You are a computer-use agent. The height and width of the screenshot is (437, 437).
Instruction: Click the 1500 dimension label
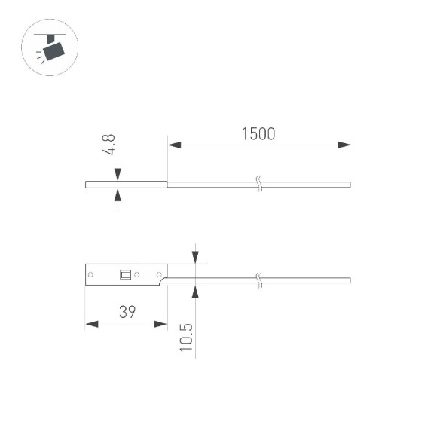[x=258, y=134]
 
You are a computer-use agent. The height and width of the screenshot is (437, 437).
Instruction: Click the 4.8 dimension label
[x=108, y=145]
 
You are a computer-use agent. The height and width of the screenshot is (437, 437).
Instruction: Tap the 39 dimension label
[x=127, y=312]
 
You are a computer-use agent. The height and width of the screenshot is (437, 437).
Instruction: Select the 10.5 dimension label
[x=186, y=338]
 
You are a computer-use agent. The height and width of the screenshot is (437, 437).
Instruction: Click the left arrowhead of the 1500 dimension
[x=175, y=145]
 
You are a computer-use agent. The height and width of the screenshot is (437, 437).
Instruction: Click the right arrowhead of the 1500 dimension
[x=344, y=145]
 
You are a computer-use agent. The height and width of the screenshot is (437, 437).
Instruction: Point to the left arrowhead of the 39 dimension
[x=92, y=324]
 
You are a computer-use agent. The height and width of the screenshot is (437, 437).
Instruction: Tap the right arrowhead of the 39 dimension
[x=160, y=324]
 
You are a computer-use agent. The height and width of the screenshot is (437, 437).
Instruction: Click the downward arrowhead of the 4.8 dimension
[x=118, y=175]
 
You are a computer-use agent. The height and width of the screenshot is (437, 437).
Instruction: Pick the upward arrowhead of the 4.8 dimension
[x=118, y=194]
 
